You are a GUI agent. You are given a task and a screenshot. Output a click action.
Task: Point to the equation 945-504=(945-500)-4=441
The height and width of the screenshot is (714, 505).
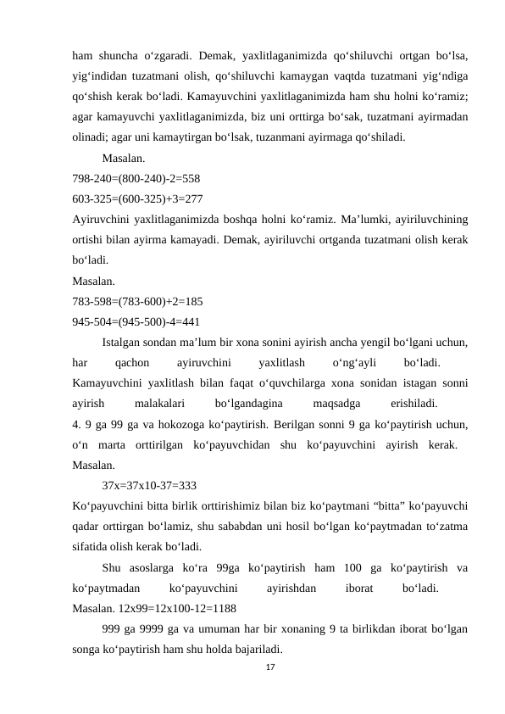point(136,321)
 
